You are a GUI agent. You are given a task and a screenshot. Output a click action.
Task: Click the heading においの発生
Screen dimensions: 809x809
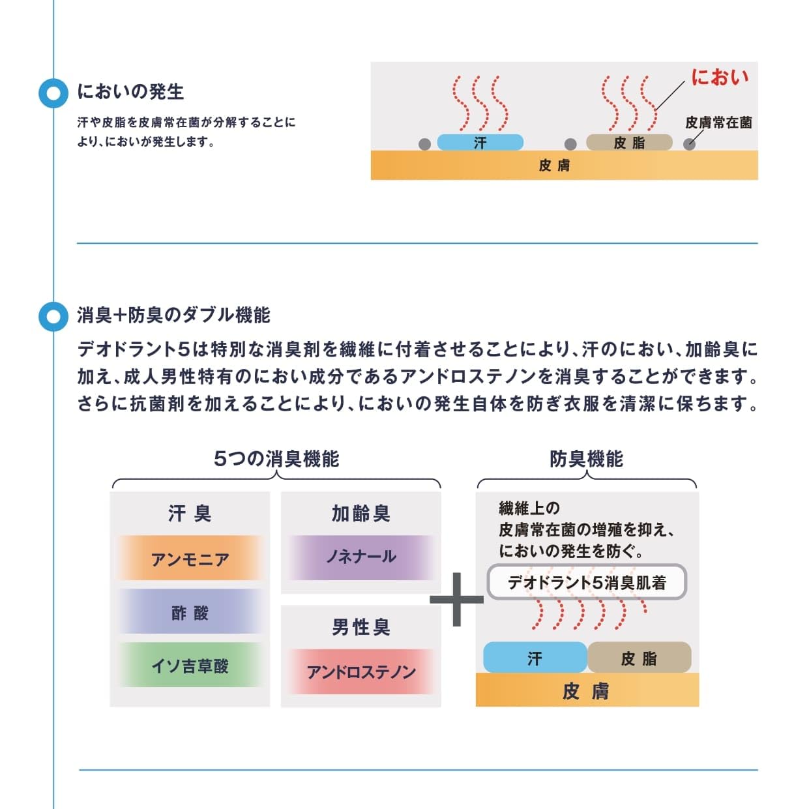point(130,91)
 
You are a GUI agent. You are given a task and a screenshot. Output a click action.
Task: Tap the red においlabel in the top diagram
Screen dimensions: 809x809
point(720,77)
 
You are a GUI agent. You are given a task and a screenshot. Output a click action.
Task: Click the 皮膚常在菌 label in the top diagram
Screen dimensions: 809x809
point(718,123)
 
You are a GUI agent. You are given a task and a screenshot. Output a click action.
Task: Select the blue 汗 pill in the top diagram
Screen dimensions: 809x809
point(480,142)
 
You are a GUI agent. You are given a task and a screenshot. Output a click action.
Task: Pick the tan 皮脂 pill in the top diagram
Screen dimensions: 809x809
point(629,142)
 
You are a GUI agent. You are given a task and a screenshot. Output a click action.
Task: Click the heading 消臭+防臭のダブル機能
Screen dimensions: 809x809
point(173,315)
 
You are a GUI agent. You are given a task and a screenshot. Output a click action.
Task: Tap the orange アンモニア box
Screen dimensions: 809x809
point(190,559)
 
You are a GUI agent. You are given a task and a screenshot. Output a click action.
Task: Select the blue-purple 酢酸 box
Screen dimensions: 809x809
point(190,612)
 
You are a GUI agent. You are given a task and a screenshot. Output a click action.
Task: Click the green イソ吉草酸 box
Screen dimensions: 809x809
point(190,666)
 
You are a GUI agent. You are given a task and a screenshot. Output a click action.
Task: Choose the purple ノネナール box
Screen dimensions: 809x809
point(360,557)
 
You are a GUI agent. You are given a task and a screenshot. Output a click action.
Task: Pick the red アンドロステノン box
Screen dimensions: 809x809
point(360,671)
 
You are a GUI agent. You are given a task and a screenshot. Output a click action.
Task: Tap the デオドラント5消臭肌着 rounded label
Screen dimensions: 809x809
point(587,582)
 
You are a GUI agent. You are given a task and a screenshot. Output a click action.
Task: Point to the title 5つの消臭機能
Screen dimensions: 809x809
point(276,459)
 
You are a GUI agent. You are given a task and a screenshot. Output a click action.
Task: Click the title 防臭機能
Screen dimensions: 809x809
point(586,459)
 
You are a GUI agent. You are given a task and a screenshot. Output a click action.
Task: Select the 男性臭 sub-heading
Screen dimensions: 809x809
point(360,627)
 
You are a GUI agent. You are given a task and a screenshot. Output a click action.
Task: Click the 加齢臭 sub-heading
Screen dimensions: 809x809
point(360,514)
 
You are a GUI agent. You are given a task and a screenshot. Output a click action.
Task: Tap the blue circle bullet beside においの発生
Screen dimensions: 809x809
point(53,93)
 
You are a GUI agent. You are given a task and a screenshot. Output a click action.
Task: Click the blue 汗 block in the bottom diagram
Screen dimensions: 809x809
point(535,658)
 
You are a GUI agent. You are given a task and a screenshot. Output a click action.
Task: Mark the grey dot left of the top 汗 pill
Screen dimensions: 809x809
point(424,144)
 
